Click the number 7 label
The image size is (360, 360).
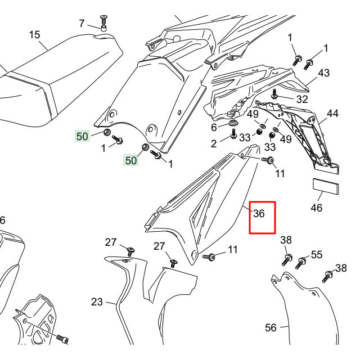[x=82, y=24]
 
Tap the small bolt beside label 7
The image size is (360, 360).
[x=103, y=23]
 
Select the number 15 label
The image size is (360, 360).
[x=35, y=35]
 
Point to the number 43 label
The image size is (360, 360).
[x=323, y=73]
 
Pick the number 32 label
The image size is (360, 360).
[x=302, y=99]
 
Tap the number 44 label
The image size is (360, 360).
[x=332, y=114]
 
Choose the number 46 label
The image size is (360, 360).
[x=317, y=208]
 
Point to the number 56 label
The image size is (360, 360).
[x=271, y=327]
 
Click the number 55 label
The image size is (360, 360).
[x=317, y=255]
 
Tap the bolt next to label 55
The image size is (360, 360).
[x=301, y=262]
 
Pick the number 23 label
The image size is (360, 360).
[x=97, y=302]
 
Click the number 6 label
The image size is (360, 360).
[x=214, y=127]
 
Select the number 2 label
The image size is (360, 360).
[x=214, y=144]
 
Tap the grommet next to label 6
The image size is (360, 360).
[x=232, y=121]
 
